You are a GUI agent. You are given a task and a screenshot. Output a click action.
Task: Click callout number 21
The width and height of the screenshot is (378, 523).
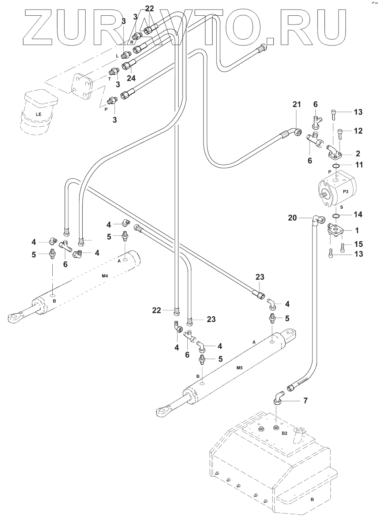pos(296,105)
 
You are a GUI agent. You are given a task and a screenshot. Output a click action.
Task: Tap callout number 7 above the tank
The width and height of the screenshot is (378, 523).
pos(306,401)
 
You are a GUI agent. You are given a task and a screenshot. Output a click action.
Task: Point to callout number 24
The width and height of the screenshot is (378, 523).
pos(131,78)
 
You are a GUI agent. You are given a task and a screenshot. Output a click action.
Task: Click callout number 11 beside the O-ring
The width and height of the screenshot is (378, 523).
pos(359,165)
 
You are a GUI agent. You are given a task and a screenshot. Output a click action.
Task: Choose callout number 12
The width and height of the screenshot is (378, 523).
pos(358,131)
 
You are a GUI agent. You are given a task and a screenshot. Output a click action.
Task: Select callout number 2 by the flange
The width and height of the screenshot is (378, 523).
pos(358,153)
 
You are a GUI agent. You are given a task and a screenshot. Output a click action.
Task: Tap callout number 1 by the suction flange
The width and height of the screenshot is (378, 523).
pos(357,231)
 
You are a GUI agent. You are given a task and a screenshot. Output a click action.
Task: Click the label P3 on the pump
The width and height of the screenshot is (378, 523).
pos(345,191)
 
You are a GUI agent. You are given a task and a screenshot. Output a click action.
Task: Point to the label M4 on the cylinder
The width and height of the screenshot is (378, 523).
pos(104,276)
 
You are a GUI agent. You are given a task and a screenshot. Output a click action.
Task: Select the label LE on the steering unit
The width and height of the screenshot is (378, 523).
pos(39,114)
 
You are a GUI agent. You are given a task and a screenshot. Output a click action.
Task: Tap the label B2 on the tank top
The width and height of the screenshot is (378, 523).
pos(284,433)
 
